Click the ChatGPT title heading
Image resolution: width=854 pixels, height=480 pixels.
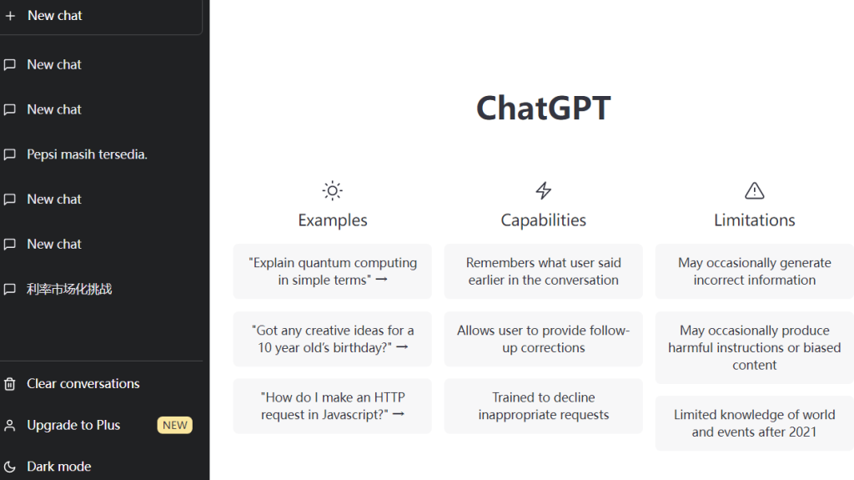pos(543,109)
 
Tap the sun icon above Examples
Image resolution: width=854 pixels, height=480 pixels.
pos(332,190)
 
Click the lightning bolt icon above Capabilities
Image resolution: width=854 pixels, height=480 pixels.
pos(543,190)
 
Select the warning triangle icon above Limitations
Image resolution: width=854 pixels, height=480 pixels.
pos(754,190)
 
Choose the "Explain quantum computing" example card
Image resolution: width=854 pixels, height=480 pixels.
pos(332,271)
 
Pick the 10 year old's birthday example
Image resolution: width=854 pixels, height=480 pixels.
pos(332,339)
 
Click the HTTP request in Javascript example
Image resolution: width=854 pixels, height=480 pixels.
pos(332,406)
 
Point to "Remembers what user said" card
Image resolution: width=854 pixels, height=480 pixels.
pos(543,271)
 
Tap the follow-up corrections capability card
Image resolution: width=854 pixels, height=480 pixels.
pos(543,339)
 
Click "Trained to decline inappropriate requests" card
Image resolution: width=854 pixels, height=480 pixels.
pos(543,406)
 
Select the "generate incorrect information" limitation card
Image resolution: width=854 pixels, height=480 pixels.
pos(754,271)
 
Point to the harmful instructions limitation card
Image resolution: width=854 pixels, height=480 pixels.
pos(754,347)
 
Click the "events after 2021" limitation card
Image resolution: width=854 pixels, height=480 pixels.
pos(754,423)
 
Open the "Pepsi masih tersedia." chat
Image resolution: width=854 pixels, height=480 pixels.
pos(87,154)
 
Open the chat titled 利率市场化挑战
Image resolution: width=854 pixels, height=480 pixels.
pos(69,289)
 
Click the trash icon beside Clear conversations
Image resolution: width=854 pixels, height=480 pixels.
pos(10,384)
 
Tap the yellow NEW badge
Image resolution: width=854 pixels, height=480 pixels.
pos(174,425)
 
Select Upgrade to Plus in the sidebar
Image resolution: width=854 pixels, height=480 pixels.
pos(73,425)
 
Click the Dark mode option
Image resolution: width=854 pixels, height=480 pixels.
pos(58,467)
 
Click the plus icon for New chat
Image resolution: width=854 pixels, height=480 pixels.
pos(10,16)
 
